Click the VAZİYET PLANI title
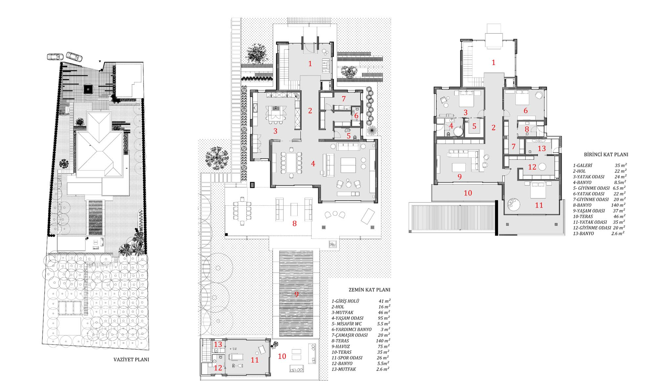[131, 359]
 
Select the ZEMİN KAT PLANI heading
[369, 290]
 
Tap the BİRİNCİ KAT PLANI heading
[606, 154]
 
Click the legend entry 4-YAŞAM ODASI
[348, 318]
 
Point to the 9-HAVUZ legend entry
[341, 346]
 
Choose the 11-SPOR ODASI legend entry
[347, 358]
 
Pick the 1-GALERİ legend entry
[582, 166]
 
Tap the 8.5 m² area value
[620, 182]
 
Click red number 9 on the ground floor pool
[296, 294]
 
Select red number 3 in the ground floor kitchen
[275, 131]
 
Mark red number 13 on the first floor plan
[541, 148]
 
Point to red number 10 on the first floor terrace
[468, 193]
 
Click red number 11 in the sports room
[255, 360]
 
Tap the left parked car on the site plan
[55, 57]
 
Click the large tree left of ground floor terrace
[216, 158]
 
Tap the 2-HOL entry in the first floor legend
[579, 171]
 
